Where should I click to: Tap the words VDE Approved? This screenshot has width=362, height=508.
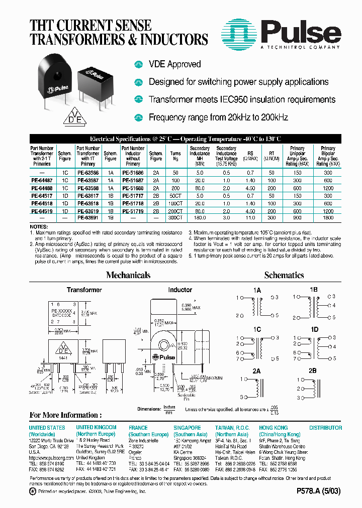174,64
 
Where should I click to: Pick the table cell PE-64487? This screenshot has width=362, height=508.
41,180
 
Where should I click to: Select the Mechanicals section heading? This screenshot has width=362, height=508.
128,275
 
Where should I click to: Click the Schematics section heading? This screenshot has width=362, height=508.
284,275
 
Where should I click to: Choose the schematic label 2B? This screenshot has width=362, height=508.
313,371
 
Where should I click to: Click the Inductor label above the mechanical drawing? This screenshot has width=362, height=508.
179,290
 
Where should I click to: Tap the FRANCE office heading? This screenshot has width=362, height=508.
138,428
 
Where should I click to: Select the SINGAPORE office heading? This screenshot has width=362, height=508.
188,428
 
